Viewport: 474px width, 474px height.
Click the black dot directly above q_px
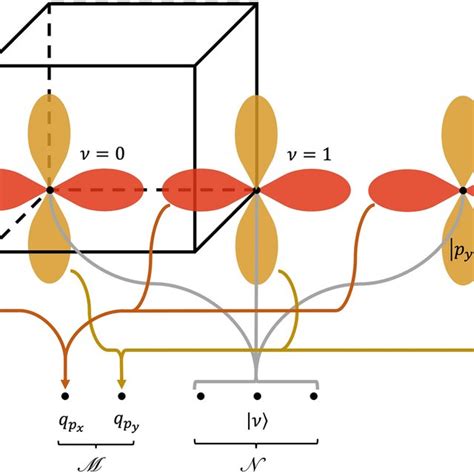click(x=66, y=396)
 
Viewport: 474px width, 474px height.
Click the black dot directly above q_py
click(x=122, y=396)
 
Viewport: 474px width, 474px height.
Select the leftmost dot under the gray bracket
click(x=201, y=396)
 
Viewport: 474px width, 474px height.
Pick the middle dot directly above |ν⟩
click(x=257, y=396)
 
